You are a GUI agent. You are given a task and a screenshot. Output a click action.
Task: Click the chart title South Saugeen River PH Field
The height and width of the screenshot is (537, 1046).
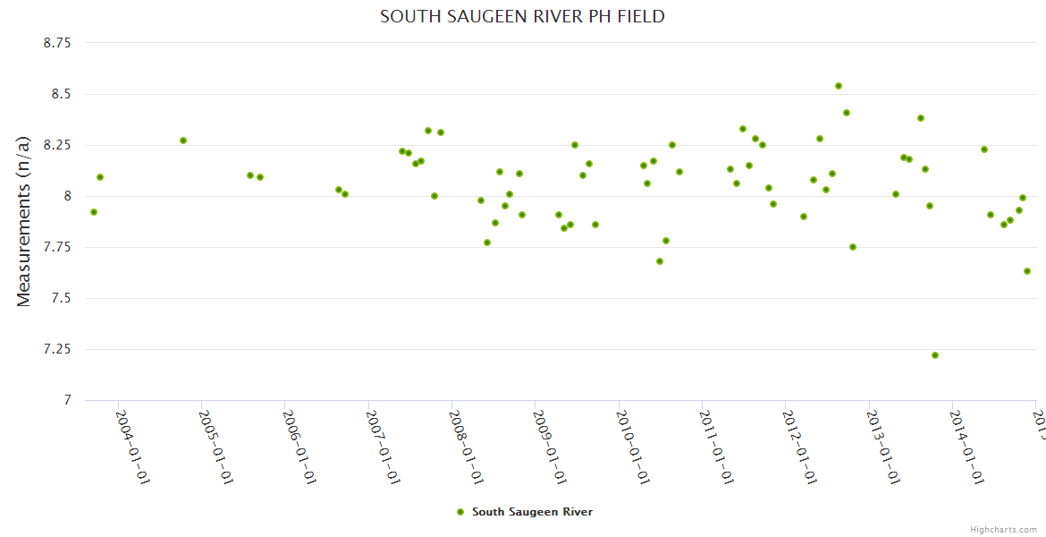tap(522, 16)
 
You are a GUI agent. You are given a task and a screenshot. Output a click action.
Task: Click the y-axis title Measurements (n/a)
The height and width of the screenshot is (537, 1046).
tap(24, 221)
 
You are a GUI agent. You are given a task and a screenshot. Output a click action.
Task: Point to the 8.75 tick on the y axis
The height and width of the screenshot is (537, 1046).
tap(57, 43)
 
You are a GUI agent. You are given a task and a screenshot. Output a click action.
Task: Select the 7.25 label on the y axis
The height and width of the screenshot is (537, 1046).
tap(57, 349)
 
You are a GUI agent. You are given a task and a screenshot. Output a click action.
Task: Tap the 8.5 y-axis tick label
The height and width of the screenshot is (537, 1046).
tap(62, 94)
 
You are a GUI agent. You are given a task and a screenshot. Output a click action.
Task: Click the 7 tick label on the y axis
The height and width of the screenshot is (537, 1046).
tap(67, 400)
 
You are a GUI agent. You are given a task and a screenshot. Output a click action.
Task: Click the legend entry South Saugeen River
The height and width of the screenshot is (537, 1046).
tap(524, 512)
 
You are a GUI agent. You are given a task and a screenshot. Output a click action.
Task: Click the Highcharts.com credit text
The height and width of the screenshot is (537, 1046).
tap(1003, 530)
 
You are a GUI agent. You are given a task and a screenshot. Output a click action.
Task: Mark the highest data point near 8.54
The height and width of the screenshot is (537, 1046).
tap(839, 86)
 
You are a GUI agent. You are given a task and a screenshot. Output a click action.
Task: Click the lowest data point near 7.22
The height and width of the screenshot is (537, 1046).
tap(935, 355)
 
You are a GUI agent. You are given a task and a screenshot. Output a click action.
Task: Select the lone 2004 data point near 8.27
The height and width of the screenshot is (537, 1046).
tap(183, 141)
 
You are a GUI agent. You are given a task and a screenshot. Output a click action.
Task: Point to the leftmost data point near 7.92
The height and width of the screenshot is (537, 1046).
tap(94, 212)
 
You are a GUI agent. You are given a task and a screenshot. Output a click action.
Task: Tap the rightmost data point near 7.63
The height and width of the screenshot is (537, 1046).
tap(1027, 271)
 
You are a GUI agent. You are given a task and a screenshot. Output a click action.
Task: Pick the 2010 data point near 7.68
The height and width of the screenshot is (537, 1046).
tap(660, 261)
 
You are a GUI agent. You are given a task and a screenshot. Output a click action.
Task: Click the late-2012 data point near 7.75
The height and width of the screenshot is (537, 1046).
tap(853, 247)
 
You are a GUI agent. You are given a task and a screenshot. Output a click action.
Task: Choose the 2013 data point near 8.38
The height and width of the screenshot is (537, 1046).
tap(921, 118)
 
